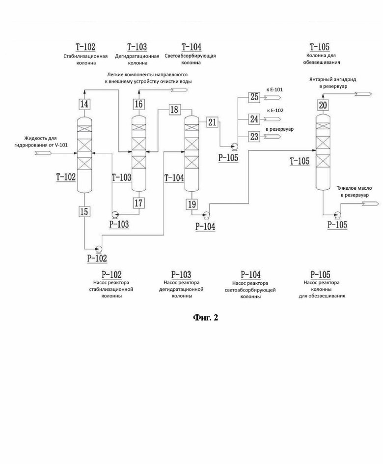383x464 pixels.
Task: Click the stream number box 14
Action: point(84,104)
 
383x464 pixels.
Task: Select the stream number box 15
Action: point(84,211)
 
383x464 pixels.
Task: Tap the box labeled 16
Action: point(138,104)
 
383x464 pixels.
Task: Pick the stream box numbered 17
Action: point(138,203)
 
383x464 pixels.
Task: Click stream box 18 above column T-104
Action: point(174,110)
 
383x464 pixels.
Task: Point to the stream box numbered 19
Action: point(192,204)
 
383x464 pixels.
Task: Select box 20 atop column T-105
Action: point(323,105)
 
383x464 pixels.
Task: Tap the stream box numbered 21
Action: point(212,122)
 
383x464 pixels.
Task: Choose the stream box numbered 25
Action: point(254,97)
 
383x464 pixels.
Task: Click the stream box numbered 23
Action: point(254,137)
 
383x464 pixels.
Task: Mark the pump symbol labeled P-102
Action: point(98,248)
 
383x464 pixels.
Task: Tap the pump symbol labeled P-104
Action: point(206,214)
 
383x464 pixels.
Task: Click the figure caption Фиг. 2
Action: point(206,318)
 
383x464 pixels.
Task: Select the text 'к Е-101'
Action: point(274,89)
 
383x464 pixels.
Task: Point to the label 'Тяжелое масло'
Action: point(355,188)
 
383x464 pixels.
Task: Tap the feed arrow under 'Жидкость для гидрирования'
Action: point(43,153)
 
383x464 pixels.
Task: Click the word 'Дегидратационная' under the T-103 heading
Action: point(137,56)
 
